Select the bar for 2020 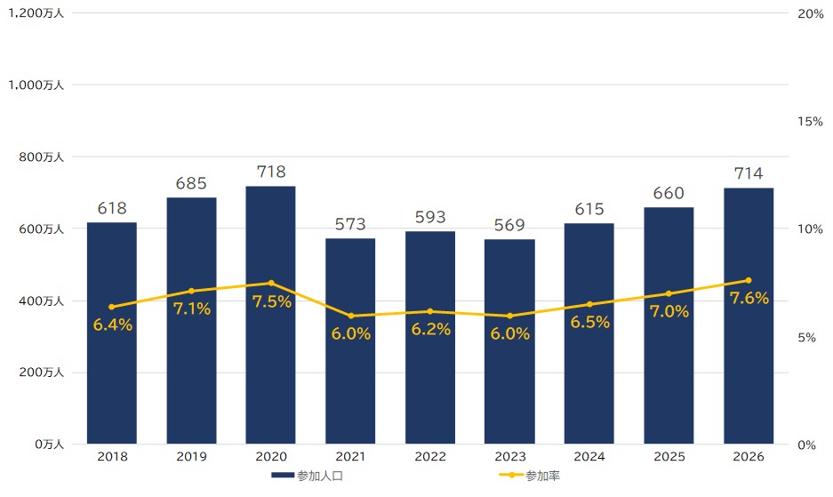(x=270, y=315)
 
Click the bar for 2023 (x=509, y=341)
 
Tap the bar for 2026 (x=749, y=316)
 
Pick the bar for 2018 (x=111, y=333)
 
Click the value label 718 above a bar (x=271, y=172)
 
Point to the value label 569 (x=509, y=225)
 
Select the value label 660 (x=669, y=193)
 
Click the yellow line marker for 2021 (x=350, y=316)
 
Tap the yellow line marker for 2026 (x=749, y=280)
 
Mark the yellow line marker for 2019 (x=191, y=291)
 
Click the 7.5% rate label (x=271, y=302)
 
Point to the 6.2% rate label (x=431, y=330)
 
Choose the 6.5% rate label (x=589, y=322)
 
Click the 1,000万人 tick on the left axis (x=36, y=85)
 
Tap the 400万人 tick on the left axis (x=42, y=301)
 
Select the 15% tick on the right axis (x=810, y=122)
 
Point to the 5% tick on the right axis (x=806, y=338)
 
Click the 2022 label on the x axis (x=430, y=457)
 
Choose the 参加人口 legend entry (x=307, y=476)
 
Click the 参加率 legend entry (x=529, y=476)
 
